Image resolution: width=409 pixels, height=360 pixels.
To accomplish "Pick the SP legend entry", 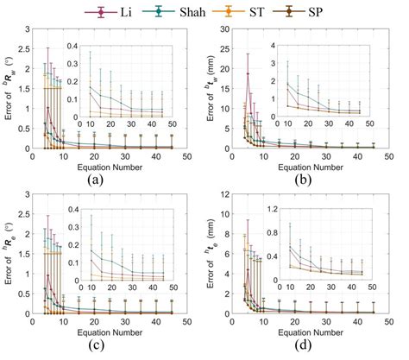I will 311,11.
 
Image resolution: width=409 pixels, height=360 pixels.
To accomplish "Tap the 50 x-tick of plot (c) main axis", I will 187,325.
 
